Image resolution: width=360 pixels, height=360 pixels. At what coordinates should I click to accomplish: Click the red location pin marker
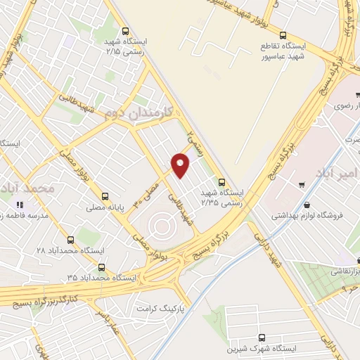(181, 165)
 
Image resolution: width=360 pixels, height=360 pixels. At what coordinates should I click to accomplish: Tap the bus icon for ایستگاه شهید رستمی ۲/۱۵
(125, 31)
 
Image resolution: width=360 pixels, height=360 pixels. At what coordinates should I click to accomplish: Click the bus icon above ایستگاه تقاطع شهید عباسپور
(283, 34)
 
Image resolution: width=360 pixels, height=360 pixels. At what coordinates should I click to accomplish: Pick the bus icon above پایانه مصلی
(105, 196)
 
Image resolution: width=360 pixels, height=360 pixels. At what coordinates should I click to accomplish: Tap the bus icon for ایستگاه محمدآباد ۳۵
(103, 267)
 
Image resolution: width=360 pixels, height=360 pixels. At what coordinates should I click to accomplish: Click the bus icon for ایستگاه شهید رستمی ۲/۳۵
(223, 180)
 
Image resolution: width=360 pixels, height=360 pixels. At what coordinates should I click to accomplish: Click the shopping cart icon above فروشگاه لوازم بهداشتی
(301, 185)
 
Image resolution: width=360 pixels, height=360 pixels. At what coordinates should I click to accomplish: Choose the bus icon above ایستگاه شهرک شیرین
(262, 337)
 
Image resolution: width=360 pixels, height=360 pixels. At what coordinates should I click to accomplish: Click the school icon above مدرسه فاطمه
(19, 204)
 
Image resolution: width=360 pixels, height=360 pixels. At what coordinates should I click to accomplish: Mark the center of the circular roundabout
(160, 226)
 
